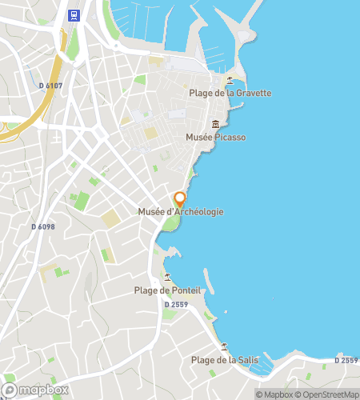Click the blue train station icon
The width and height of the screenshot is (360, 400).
pyautogui.click(x=74, y=14)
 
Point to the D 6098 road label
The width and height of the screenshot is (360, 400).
pyautogui.click(x=43, y=226)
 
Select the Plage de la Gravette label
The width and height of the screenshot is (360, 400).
pyautogui.click(x=230, y=93)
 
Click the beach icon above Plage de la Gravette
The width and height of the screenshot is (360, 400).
pyautogui.click(x=230, y=79)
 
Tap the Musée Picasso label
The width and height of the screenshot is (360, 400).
pyautogui.click(x=215, y=138)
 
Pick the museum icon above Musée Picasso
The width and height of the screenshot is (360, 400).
pyautogui.click(x=215, y=124)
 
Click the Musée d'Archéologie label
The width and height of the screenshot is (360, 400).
pyautogui.click(x=180, y=211)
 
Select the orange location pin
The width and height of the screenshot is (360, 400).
pyautogui.click(x=180, y=198)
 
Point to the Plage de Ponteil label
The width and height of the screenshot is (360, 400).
pyautogui.click(x=167, y=290)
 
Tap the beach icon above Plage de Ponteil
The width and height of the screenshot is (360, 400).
pyautogui.click(x=167, y=277)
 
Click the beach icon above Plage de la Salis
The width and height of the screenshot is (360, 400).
pyautogui.click(x=224, y=347)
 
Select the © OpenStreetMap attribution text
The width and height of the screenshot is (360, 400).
pyautogui.click(x=328, y=394)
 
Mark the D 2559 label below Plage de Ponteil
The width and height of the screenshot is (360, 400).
pyautogui.click(x=177, y=305)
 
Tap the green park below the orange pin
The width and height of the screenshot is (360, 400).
pyautogui.click(x=169, y=223)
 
